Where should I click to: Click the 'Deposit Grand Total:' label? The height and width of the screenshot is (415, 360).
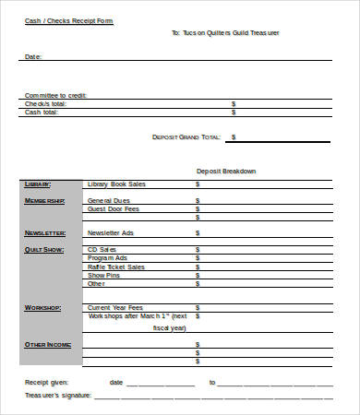pyautogui.click(x=186, y=137)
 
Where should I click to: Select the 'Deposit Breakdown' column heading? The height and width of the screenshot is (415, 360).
pyautogui.click(x=226, y=171)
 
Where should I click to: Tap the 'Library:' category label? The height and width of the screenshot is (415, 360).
pyautogui.click(x=39, y=184)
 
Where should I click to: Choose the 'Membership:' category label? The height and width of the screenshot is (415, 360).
pyautogui.click(x=44, y=200)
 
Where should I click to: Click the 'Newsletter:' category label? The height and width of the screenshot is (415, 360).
pyautogui.click(x=44, y=233)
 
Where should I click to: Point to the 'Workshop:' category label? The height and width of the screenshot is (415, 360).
pyautogui.click(x=43, y=307)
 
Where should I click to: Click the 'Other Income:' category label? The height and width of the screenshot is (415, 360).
pyautogui.click(x=47, y=345)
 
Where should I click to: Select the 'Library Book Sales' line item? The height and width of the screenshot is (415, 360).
pyautogui.click(x=116, y=184)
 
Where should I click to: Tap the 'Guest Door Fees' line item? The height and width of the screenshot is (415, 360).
pyautogui.click(x=113, y=208)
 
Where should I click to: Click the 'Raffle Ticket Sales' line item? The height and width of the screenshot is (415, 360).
pyautogui.click(x=116, y=267)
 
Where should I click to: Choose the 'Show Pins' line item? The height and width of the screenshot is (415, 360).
pyautogui.click(x=103, y=275)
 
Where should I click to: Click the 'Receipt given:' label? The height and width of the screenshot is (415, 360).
pyautogui.click(x=46, y=382)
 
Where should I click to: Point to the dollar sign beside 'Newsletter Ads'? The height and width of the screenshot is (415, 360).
pyautogui.click(x=198, y=233)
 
